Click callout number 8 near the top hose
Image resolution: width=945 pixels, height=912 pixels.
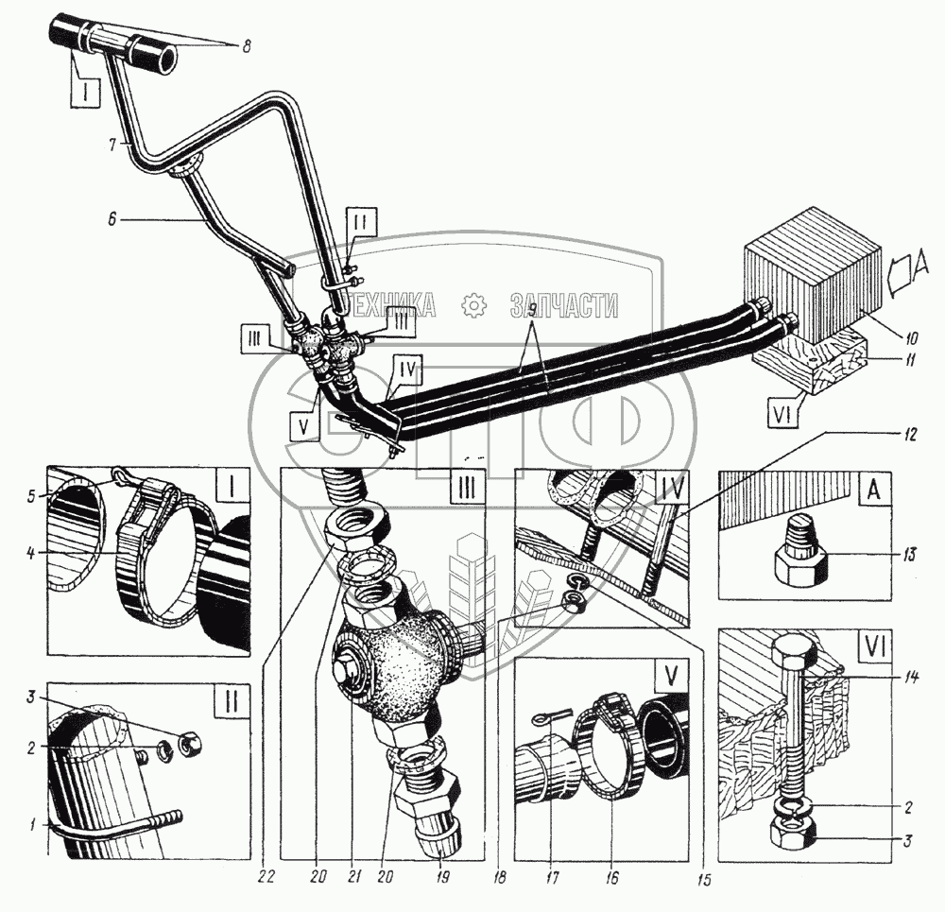point(246,46)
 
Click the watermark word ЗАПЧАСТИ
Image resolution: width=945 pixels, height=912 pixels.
point(564,304)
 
